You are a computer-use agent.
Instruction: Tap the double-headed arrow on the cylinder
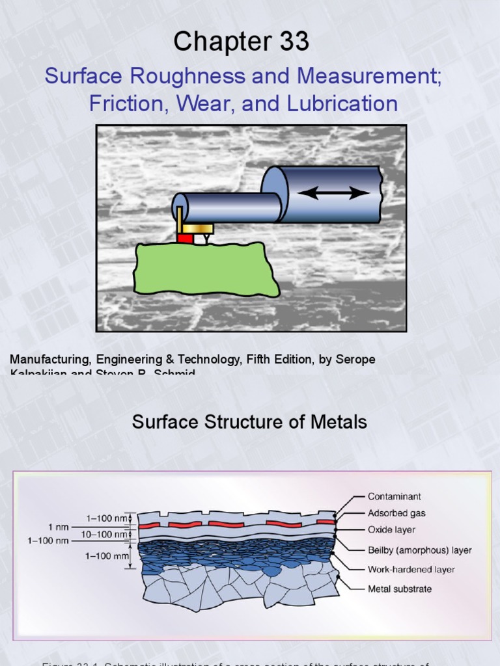coord(334,193)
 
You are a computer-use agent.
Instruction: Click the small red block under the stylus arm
coord(185,238)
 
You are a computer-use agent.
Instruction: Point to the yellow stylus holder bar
coord(198,228)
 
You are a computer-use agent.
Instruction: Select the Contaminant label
coord(395,496)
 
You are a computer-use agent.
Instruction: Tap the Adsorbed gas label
coord(396,513)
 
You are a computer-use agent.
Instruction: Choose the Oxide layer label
coord(392,530)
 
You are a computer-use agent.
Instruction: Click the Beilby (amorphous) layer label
coord(420,550)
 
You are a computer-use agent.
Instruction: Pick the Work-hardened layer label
coord(411,570)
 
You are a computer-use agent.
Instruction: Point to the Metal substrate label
coord(400,589)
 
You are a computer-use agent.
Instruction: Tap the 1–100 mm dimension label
coord(107,555)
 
